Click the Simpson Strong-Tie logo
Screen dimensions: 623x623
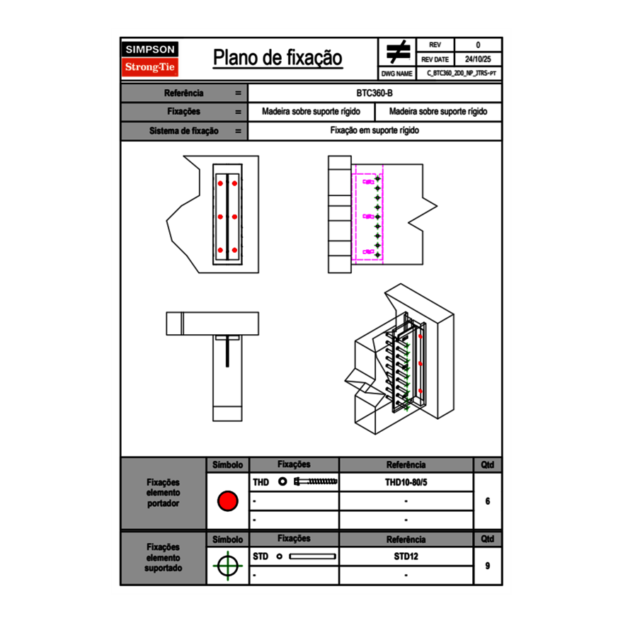(x=150, y=59)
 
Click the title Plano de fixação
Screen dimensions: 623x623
(x=278, y=58)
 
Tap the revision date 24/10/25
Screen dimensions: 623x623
(x=478, y=59)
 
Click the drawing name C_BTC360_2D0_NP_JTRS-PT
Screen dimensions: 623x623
(x=460, y=73)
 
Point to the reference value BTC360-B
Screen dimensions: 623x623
(x=375, y=93)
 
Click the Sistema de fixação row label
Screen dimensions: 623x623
(x=184, y=131)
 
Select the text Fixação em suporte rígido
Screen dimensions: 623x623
(x=375, y=131)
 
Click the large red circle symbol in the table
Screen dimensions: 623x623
(x=227, y=501)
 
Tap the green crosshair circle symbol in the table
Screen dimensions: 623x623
(x=227, y=566)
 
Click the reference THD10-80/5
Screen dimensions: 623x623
(x=406, y=483)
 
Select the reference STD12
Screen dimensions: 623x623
(x=406, y=556)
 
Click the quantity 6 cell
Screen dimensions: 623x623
(x=488, y=501)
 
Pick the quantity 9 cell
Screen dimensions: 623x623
(x=488, y=566)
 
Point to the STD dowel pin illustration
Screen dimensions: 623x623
(x=312, y=556)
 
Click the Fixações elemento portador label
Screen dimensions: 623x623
(x=163, y=493)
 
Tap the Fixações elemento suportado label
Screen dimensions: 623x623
(x=163, y=557)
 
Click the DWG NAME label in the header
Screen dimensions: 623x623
(x=396, y=73)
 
